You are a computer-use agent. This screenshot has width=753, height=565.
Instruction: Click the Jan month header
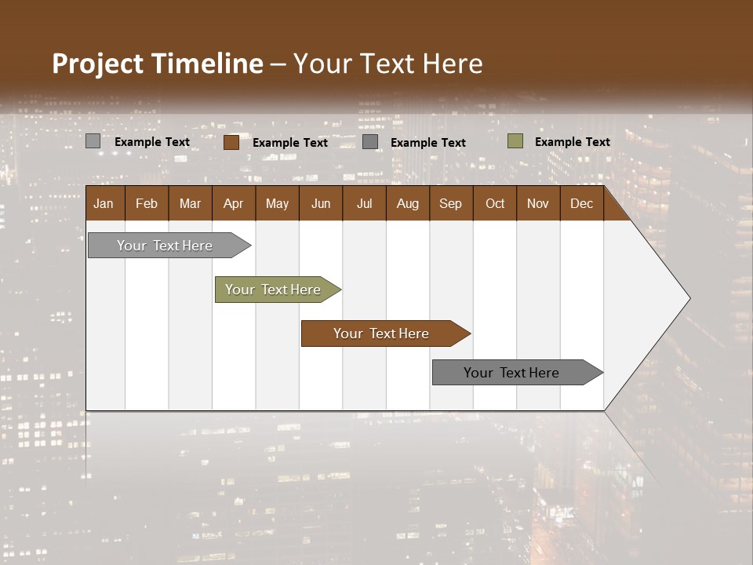point(104,203)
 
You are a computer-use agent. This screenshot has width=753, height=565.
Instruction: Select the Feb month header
point(147,203)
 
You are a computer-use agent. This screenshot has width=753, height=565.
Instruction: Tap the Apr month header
point(233,203)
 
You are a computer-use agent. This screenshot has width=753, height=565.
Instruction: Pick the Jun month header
point(321,203)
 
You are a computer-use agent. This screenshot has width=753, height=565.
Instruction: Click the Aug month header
point(407,203)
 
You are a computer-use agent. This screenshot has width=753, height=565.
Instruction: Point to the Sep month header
point(450,203)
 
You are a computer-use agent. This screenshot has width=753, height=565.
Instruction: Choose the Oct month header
point(495,203)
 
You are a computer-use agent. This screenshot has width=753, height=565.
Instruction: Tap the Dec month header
point(581,203)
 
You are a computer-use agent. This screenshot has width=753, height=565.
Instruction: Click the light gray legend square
point(93,141)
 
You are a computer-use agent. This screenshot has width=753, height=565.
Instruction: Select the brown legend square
point(231,142)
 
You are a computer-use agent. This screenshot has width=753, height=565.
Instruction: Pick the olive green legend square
point(515,141)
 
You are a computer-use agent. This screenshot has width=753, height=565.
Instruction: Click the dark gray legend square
point(370,142)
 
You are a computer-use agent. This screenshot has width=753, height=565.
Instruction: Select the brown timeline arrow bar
point(382,334)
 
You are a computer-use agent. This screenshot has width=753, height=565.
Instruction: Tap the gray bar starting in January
point(166,246)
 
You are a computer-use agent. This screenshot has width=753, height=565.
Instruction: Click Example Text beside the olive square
point(572,141)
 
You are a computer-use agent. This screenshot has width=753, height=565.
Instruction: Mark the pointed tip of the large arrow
point(689,298)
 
